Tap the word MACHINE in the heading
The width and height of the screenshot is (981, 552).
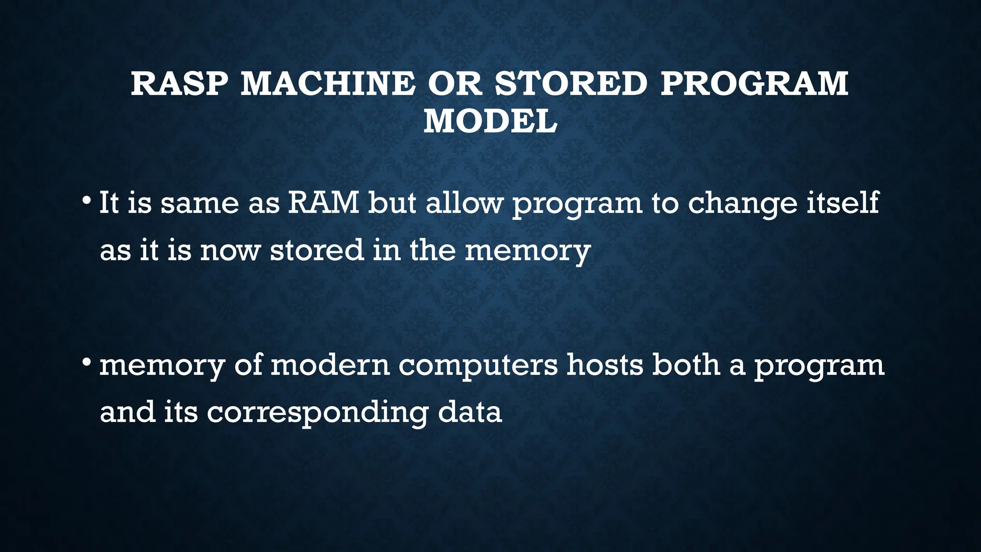(x=328, y=83)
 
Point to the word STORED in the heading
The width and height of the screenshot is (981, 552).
(x=571, y=83)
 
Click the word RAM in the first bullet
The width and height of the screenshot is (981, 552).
(x=323, y=202)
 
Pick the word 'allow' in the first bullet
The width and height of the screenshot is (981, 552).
(x=464, y=202)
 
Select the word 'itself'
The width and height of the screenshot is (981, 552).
(x=843, y=202)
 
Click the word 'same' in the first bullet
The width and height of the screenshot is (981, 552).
(x=199, y=203)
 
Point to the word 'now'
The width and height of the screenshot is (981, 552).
(x=230, y=250)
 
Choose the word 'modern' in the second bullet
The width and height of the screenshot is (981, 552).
(x=330, y=365)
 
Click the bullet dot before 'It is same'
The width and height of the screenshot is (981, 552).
(x=86, y=199)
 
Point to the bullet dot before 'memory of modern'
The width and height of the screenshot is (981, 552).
(x=86, y=361)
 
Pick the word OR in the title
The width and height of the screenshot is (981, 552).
(x=454, y=83)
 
